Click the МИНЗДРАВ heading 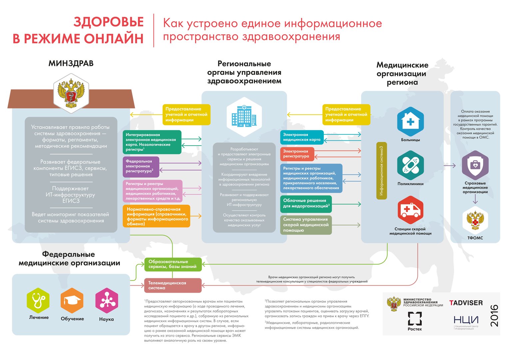click(x=71, y=63)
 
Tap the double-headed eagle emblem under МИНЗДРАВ click(x=71, y=93)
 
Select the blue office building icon click(x=244, y=116)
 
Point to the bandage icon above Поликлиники click(x=410, y=165)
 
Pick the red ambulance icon click(x=410, y=210)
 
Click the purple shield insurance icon click(x=475, y=165)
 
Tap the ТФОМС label click(x=475, y=238)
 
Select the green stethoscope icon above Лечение click(x=38, y=300)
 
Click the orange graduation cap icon click(x=72, y=300)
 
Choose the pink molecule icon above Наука click(x=107, y=300)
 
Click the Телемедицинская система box click(x=173, y=285)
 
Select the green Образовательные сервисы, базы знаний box click(x=173, y=264)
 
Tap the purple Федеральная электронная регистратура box click(x=141, y=167)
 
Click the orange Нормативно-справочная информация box click(x=156, y=216)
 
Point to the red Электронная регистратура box click(x=297, y=154)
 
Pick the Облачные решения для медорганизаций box click(x=306, y=204)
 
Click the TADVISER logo click(x=466, y=303)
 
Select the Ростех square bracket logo click(x=415, y=319)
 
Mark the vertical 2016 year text click(x=494, y=316)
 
